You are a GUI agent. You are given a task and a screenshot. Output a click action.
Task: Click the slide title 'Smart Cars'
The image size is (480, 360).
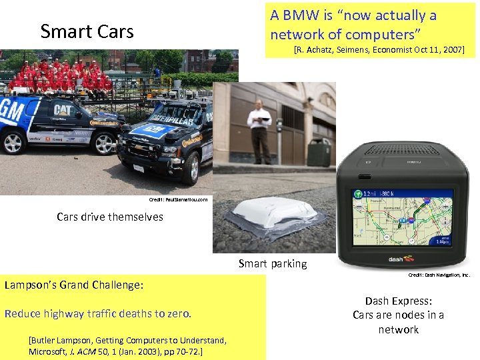[x=87, y=31]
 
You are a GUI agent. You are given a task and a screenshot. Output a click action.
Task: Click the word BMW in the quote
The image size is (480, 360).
[x=302, y=15]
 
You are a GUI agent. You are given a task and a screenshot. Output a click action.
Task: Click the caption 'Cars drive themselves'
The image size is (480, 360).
[x=110, y=217]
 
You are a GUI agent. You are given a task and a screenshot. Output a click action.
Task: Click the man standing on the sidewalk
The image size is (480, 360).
[x=259, y=131]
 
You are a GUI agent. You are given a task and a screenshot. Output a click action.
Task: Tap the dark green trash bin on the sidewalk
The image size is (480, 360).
[x=319, y=153]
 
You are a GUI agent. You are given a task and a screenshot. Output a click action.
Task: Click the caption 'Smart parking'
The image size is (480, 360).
[x=273, y=263]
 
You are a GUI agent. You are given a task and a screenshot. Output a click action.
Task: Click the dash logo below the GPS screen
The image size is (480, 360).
[x=401, y=259]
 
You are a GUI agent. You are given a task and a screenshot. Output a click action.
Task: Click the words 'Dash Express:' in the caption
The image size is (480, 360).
[x=398, y=301]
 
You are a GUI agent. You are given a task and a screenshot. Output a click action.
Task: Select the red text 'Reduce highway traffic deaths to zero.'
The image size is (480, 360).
[x=98, y=313]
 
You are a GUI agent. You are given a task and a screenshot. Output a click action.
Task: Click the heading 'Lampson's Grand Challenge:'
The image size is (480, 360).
[x=73, y=285]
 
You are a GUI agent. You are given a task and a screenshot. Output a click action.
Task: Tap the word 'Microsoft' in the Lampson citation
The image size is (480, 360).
[x=49, y=351]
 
